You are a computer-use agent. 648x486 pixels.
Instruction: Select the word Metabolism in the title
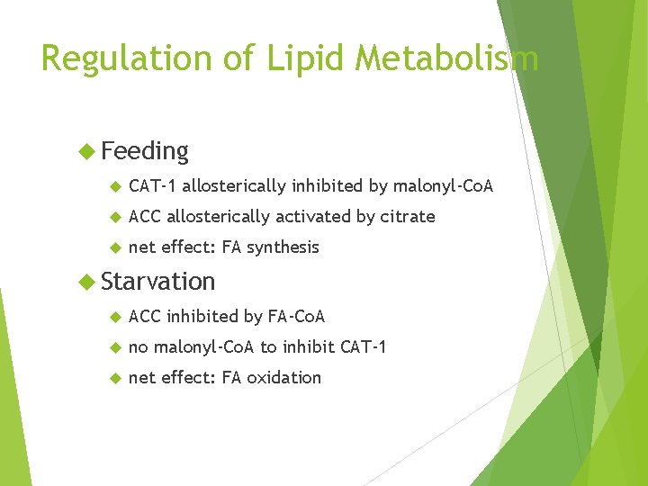(x=446, y=58)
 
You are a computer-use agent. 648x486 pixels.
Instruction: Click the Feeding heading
(x=145, y=151)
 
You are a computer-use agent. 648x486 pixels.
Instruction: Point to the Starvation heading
(x=158, y=282)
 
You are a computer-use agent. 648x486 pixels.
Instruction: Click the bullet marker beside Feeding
(x=87, y=150)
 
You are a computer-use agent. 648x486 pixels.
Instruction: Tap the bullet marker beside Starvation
(x=87, y=281)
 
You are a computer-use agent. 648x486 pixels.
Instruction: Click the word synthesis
(x=283, y=247)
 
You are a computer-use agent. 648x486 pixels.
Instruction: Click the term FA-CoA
(x=297, y=317)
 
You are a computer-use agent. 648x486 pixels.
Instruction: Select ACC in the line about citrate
(x=145, y=217)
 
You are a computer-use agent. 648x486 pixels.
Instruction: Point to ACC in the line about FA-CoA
(x=145, y=317)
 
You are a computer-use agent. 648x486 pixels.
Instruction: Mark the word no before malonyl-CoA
(x=139, y=347)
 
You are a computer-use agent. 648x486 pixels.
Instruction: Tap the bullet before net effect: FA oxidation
(x=114, y=378)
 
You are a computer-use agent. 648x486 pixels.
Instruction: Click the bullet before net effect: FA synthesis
(x=114, y=247)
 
